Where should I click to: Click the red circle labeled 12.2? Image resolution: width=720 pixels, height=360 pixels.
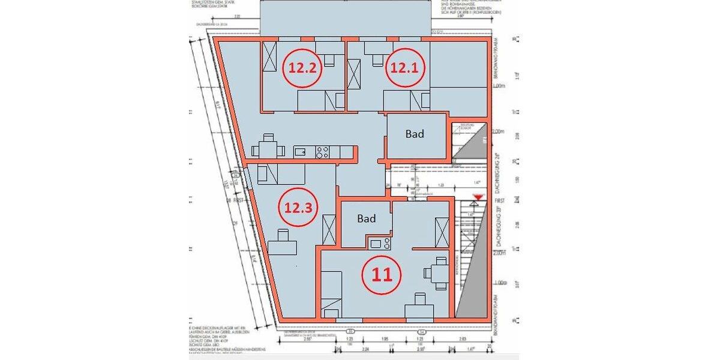click(x=302, y=68)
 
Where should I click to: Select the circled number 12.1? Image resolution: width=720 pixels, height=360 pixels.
click(x=403, y=68)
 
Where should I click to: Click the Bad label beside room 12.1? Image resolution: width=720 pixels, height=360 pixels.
click(x=415, y=134)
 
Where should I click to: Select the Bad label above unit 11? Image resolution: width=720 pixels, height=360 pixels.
click(x=366, y=219)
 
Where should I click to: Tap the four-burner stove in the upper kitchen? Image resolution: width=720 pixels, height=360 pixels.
click(x=323, y=152)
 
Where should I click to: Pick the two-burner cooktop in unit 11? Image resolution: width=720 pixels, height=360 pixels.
click(x=381, y=243)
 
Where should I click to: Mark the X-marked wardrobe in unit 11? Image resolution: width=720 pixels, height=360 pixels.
click(x=442, y=232)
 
